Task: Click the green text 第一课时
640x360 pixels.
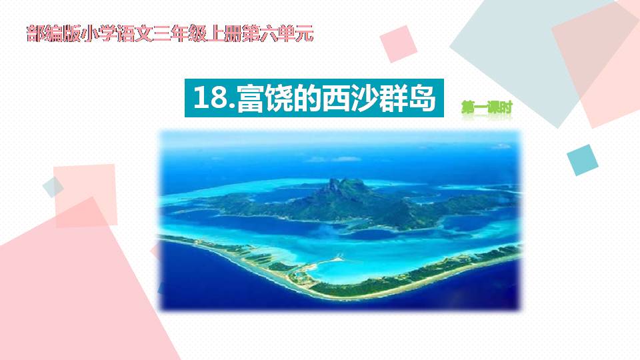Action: [x=487, y=107]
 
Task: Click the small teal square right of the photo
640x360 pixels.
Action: [x=581, y=159]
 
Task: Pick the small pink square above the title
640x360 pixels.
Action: [x=399, y=43]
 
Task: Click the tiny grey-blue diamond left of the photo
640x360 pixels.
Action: [x=52, y=187]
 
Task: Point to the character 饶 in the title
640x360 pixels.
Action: [x=281, y=99]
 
